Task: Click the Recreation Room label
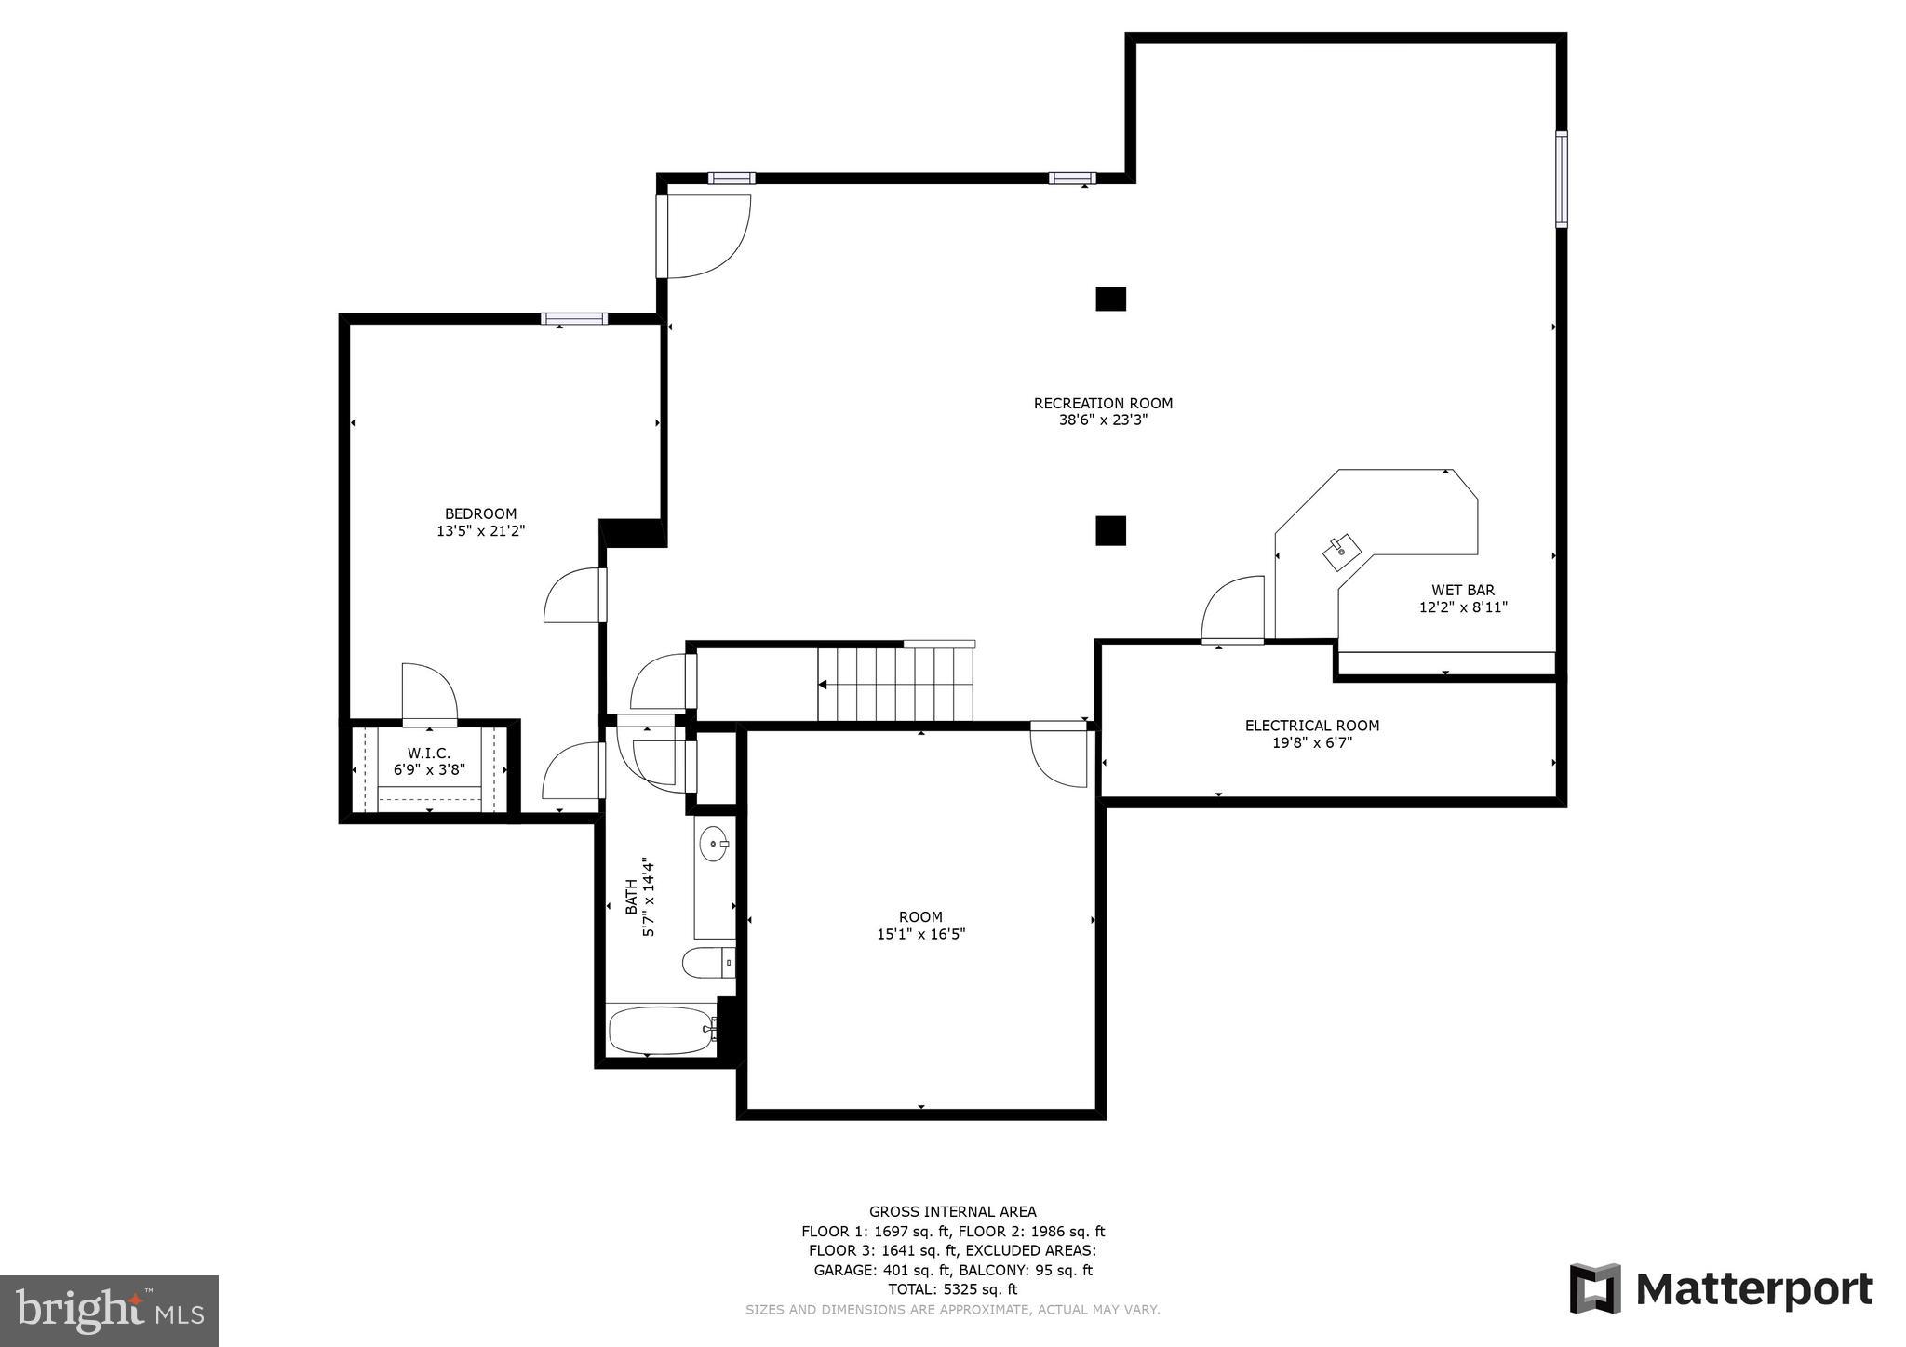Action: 1103,403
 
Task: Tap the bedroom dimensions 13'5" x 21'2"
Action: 480,531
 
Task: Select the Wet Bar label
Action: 1462,590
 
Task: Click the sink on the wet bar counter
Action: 1341,552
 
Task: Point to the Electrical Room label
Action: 1311,726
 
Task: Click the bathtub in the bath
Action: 661,1031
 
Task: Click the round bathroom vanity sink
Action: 715,845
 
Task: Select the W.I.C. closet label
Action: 428,753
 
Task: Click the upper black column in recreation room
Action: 1110,299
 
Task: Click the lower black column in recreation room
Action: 1110,530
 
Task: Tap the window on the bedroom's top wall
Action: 573,319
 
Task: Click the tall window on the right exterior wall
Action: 1561,180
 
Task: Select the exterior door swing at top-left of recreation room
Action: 705,236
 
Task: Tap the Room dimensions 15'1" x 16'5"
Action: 920,934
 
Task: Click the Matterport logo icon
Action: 1594,1288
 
